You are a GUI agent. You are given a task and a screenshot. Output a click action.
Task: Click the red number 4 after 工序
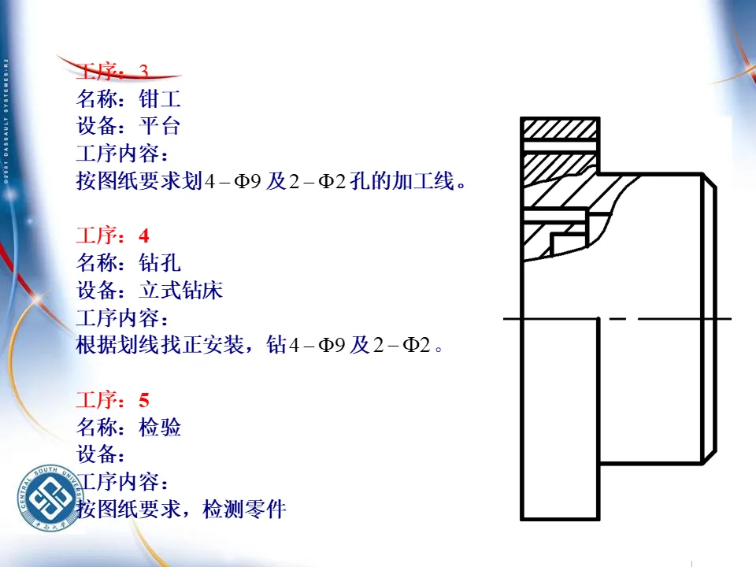[x=143, y=235]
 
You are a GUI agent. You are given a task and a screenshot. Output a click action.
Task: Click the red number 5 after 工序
[x=143, y=401]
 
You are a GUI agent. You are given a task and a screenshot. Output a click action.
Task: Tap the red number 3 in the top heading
[x=143, y=72]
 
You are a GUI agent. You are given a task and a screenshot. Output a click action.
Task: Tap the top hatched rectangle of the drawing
[x=560, y=128]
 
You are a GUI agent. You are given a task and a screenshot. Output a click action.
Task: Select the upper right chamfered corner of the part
[x=709, y=182]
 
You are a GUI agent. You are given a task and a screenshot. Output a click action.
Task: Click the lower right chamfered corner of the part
[x=709, y=455]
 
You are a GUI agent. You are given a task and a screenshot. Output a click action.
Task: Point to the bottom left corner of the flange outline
[x=522, y=519]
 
